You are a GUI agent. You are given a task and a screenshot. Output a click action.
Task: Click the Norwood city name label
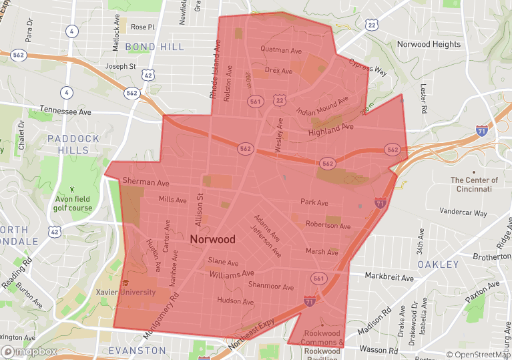coord(212,239)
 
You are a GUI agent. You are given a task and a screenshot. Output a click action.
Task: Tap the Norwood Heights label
coord(429,44)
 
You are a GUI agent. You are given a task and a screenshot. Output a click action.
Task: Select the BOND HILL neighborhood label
coord(155,47)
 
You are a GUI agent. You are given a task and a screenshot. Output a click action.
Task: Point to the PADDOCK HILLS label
coord(73,144)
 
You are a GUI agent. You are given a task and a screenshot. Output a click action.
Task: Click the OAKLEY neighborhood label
coord(439,264)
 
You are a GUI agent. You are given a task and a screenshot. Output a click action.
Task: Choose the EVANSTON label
coord(137,350)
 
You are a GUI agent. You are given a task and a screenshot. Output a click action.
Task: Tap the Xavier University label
coord(144,292)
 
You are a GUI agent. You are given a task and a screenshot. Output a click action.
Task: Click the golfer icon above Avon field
coord(73,190)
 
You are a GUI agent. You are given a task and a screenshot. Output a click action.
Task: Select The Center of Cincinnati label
coord(474,185)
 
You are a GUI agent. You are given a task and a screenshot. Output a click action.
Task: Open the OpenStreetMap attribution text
coord(478,355)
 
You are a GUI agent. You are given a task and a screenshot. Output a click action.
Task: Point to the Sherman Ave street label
coord(146,182)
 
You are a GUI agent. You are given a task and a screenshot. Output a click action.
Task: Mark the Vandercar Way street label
coord(463,212)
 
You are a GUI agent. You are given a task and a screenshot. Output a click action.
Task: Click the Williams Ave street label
coord(232,274)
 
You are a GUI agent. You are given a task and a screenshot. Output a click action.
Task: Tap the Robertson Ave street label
coord(328,226)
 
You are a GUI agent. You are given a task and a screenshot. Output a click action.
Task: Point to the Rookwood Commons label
coord(322,338)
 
